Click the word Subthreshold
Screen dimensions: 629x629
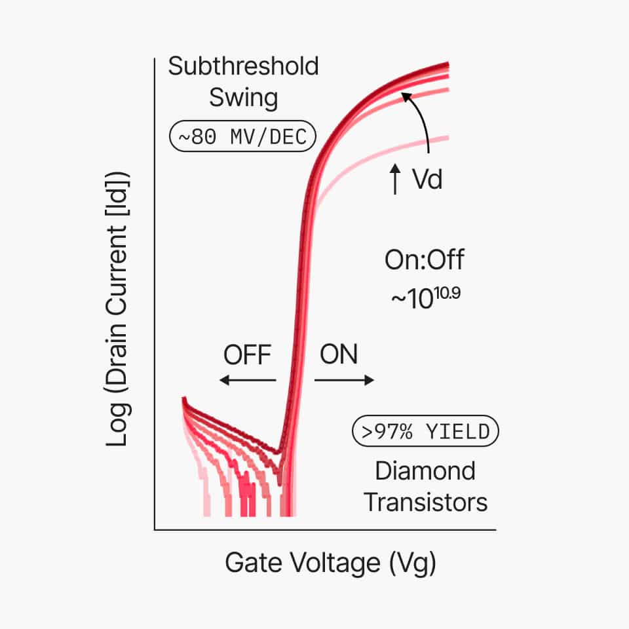coord(243,66)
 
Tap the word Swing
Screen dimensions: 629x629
coord(243,98)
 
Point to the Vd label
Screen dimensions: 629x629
coord(427,180)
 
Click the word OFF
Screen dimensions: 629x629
coord(247,355)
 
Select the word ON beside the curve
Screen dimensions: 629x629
coord(339,355)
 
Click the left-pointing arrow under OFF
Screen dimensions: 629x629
coord(247,380)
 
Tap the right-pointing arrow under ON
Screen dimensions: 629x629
coord(344,380)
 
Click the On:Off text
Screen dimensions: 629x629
coord(424,260)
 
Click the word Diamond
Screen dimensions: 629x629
coord(425,471)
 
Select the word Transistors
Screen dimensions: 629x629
coord(425,503)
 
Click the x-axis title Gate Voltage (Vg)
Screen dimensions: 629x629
coord(330,563)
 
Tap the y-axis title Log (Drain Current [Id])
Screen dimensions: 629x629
coord(117,309)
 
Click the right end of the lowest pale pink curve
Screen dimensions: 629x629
coord(447,138)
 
